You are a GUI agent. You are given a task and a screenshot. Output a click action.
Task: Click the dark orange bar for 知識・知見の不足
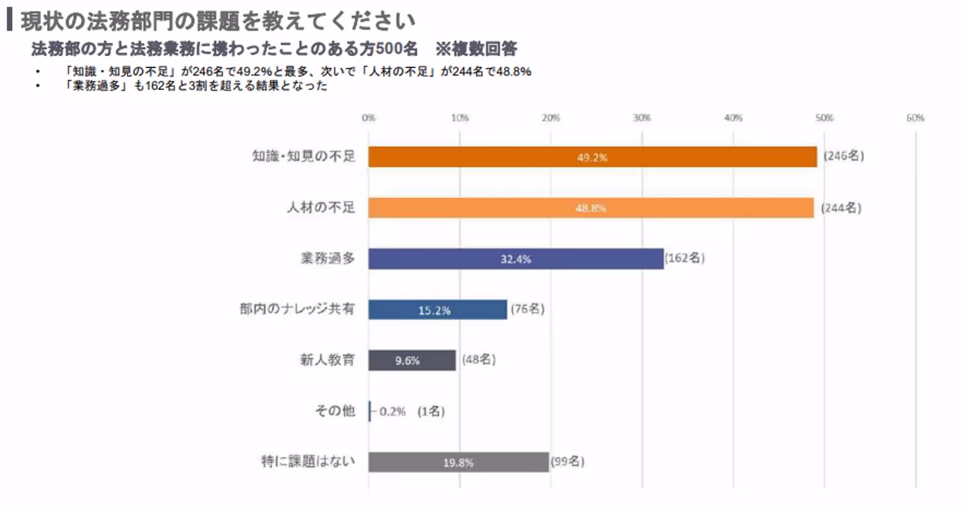(592, 157)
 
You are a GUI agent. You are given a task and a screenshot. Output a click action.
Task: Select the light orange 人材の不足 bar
(590, 208)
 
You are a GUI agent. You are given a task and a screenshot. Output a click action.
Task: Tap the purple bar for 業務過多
(515, 259)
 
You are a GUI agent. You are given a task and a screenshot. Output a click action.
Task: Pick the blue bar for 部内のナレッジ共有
(437, 310)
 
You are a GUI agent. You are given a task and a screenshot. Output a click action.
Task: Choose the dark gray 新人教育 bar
(412, 360)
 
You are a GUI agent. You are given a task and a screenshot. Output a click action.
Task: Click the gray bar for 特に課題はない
(458, 462)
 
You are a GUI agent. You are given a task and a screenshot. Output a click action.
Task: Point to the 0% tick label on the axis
(369, 118)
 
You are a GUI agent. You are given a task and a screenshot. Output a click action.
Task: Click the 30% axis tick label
(642, 118)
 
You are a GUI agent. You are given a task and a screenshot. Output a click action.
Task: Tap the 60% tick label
(915, 118)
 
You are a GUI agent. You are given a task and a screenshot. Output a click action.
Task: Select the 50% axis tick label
(824, 118)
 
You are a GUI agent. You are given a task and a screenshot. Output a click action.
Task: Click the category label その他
(335, 411)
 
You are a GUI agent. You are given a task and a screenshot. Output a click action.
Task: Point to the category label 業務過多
(323, 258)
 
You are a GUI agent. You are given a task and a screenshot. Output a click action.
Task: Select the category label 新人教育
(323, 360)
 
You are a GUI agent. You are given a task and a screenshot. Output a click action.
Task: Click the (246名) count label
(844, 157)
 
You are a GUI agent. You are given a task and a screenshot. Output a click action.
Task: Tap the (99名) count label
(567, 462)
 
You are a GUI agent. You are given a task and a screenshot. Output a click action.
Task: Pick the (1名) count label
(431, 411)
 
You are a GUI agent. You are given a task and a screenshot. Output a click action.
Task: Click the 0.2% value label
(392, 411)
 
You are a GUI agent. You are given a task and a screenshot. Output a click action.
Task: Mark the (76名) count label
(527, 310)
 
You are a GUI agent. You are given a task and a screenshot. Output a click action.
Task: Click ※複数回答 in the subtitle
(476, 50)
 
